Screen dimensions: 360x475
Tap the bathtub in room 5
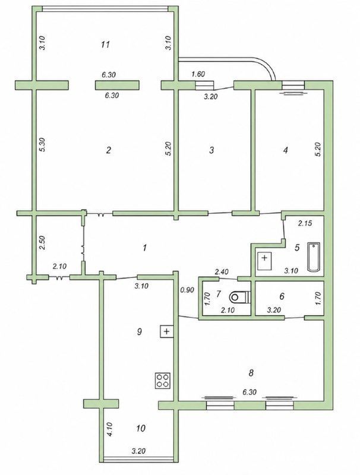coord(314,257)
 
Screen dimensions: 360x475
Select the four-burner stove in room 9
coord(163,381)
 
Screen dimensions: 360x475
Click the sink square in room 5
coord(264,258)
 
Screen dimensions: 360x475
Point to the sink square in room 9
coord(166,331)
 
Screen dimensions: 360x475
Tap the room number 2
coord(109,150)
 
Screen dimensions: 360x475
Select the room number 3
coord(211,150)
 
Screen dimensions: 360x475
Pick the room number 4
coord(286,150)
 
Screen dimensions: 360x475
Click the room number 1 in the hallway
coord(145,248)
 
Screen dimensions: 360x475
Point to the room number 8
coord(251,373)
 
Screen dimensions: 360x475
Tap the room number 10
coord(141,428)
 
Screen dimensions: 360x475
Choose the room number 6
coord(282,296)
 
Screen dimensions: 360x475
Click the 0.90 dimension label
coord(187,290)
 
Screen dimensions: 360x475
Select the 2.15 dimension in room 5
coord(305,224)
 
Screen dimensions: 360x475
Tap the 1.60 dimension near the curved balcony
coord(198,74)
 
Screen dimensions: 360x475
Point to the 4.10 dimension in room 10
coord(110,429)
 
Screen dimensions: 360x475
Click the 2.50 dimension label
coord(42,242)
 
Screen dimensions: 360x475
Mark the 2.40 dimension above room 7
coord(222,271)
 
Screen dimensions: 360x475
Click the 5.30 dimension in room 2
coord(42,145)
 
